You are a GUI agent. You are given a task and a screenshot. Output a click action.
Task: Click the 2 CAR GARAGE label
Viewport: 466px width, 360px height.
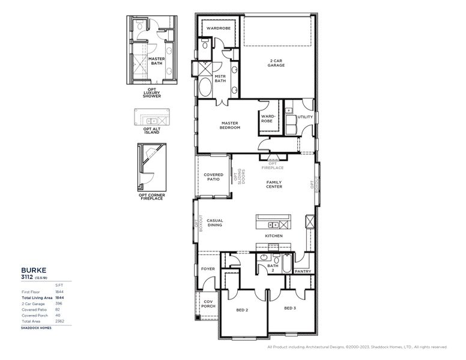tap(276, 63)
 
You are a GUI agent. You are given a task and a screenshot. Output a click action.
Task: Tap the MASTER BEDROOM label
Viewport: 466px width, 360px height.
tap(230, 125)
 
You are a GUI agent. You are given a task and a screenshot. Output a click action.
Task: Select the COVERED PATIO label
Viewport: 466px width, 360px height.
tap(213, 177)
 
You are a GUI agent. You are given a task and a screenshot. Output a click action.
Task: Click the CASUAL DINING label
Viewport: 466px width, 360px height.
tap(214, 223)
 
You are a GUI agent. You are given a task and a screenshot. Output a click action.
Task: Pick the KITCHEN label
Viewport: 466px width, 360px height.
tap(274, 236)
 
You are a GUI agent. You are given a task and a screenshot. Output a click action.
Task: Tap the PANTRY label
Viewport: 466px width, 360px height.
tap(303, 271)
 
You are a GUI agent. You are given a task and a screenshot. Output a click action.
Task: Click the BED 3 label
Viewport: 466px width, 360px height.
tap(290, 308)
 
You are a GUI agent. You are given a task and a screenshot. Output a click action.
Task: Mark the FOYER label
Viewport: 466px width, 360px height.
tap(208, 269)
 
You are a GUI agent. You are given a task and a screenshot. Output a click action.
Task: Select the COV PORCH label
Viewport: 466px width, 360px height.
tap(208, 304)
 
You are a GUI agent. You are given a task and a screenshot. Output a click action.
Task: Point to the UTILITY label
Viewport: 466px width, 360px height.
tap(305, 117)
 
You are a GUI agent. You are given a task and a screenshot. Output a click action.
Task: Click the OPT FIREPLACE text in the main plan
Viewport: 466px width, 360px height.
tap(273, 165)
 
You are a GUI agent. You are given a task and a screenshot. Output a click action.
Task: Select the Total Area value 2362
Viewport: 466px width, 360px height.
tap(59, 321)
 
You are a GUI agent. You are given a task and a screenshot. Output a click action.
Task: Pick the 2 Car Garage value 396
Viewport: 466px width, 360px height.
tap(59, 303)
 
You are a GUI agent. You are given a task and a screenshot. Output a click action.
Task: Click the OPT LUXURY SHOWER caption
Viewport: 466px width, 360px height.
tap(148, 95)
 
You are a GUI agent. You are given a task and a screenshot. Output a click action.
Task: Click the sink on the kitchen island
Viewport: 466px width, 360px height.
tap(274, 225)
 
